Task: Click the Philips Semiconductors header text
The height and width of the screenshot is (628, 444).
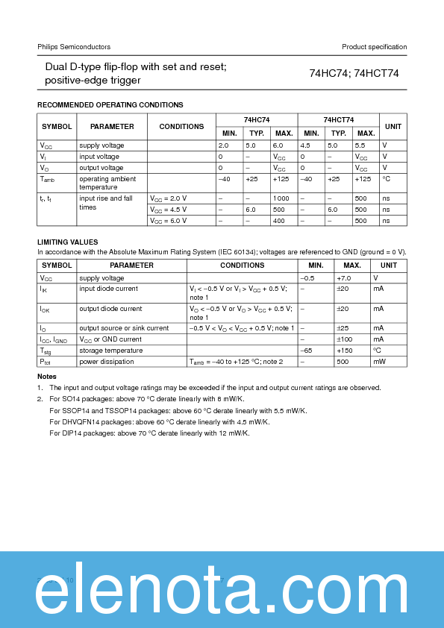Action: [74, 47]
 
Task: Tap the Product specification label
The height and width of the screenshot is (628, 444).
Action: [374, 47]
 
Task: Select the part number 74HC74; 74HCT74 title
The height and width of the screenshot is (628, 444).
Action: [354, 73]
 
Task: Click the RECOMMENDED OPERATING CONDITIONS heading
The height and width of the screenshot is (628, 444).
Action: [110, 105]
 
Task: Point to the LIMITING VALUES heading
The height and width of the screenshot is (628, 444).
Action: [67, 242]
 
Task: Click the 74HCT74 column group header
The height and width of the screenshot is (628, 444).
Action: [339, 120]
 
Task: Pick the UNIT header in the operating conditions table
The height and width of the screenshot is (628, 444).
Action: [393, 126]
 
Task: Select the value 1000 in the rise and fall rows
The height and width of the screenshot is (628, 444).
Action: [281, 198]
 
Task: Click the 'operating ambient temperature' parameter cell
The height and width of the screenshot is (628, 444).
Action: [107, 183]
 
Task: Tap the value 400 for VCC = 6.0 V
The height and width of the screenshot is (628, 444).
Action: [280, 221]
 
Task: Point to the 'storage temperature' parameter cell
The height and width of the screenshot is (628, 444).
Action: [110, 351]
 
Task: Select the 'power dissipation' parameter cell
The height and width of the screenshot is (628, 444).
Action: [107, 362]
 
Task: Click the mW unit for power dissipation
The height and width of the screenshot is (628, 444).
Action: [379, 362]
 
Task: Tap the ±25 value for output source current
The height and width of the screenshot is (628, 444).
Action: [343, 328]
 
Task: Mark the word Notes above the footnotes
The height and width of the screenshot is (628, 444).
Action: [46, 377]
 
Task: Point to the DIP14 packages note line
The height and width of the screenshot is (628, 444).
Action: [149, 433]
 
